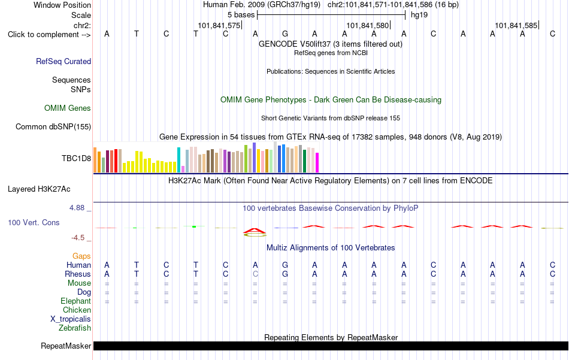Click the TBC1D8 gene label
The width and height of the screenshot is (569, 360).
pos(76,158)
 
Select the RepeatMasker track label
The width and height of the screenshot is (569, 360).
pos(66,346)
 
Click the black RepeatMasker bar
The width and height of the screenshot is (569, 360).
pos(331,346)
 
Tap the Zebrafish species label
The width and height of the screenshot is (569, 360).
pos(75,328)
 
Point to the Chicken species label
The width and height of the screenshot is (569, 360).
pos(77,310)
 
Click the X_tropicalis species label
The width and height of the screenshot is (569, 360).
pos(71,319)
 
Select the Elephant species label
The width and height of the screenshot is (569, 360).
pos(76,301)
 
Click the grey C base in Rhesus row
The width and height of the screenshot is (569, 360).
pos(256,274)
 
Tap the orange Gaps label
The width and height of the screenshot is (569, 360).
pos(81,256)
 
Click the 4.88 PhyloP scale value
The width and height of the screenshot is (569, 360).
pos(77,208)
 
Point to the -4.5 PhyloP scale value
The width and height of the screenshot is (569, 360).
pos(78,238)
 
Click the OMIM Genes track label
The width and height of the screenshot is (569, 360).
pos(68,108)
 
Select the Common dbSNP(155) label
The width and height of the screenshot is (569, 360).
pos(53,126)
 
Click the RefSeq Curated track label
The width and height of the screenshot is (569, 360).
pos(63,61)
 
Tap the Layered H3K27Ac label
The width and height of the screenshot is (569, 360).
pos(39,189)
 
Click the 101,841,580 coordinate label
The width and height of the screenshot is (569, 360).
pos(368,25)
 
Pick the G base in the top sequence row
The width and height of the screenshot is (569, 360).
pos(285,34)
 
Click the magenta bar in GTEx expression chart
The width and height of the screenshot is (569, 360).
pos(317,162)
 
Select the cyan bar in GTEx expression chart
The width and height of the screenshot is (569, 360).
pos(178,160)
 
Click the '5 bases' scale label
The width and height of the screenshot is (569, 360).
pos(241,15)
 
